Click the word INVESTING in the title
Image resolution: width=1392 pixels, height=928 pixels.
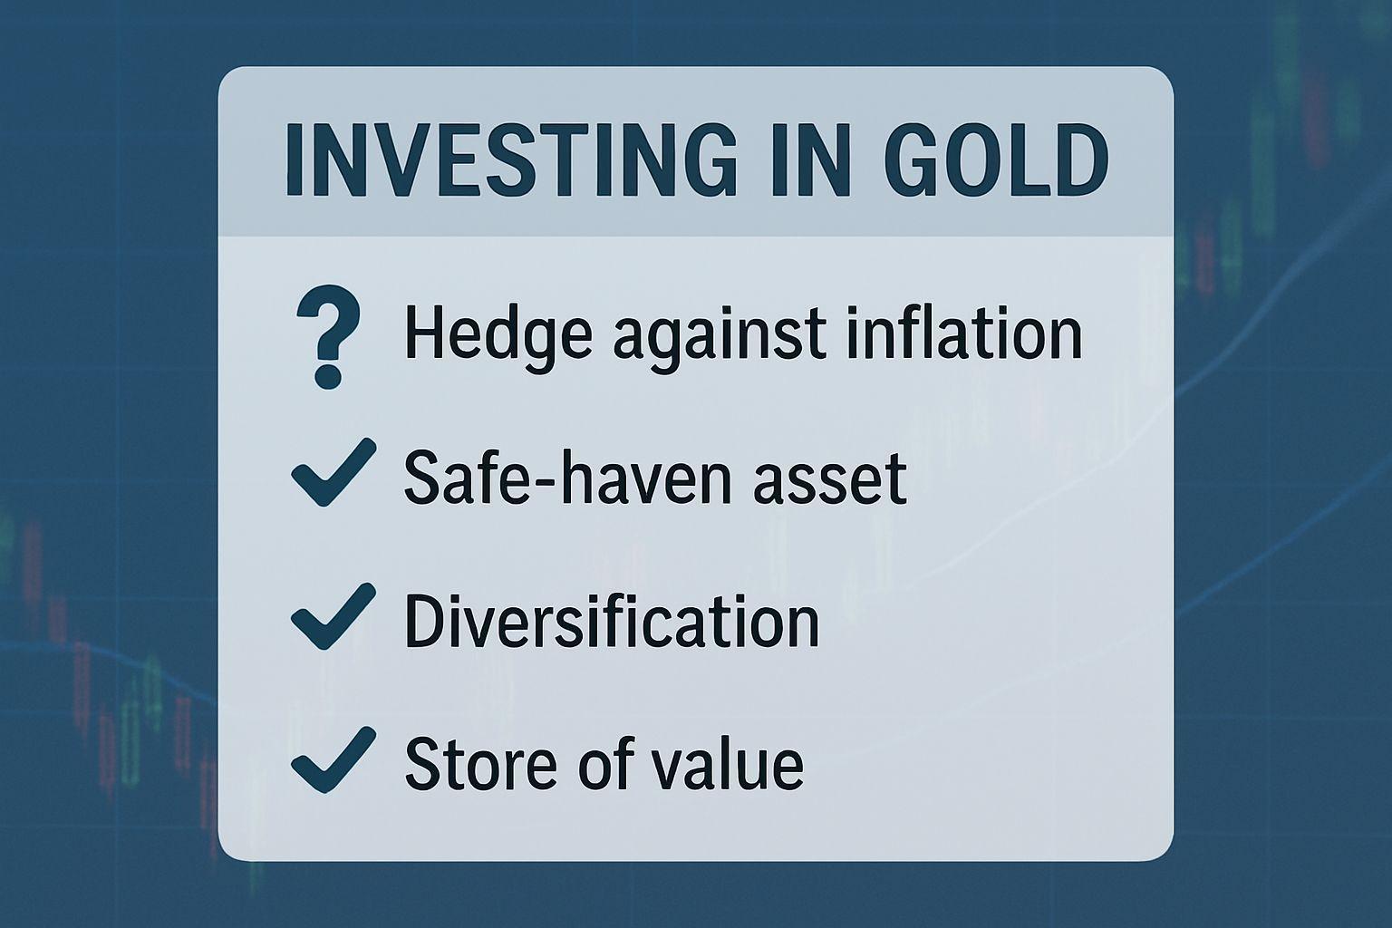(x=511, y=159)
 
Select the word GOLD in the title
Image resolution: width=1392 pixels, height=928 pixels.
(x=996, y=159)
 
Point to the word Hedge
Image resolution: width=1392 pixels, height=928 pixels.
(x=498, y=336)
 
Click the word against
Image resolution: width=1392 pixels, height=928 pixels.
(x=720, y=339)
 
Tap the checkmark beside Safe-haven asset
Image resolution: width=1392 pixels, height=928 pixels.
(x=333, y=472)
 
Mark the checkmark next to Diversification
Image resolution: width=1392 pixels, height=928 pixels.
(x=333, y=616)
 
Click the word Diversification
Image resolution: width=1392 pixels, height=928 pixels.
(x=612, y=620)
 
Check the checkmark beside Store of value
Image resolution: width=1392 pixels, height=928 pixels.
(x=333, y=759)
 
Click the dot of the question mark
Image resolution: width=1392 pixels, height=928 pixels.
(x=328, y=376)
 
